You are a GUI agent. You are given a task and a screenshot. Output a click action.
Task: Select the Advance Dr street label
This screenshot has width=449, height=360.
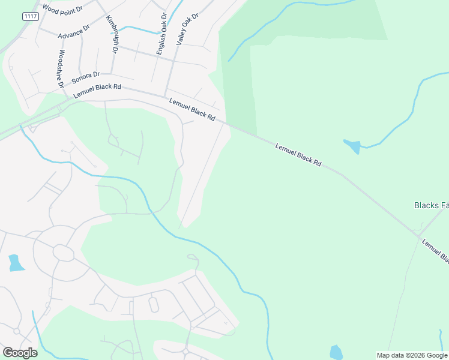(74, 32)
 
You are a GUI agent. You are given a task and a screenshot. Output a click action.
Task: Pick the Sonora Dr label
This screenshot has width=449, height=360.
(85, 77)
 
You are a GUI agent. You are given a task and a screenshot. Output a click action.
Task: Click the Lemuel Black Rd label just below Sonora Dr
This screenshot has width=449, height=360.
(97, 91)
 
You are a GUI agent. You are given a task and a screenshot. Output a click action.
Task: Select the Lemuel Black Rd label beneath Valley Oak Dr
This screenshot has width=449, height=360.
(192, 110)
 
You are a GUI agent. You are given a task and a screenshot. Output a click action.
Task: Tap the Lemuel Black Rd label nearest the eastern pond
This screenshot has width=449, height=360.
(298, 155)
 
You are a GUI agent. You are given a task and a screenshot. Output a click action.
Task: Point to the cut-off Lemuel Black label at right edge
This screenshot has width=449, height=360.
(435, 251)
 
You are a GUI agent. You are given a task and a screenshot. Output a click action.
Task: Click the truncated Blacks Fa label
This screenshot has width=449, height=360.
(431, 205)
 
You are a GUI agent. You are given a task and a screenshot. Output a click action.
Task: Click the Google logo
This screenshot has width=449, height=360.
(20, 352)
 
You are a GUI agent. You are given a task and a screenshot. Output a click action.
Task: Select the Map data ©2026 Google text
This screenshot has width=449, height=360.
(412, 355)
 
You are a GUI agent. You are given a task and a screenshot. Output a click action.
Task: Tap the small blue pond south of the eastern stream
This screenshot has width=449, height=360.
(354, 146)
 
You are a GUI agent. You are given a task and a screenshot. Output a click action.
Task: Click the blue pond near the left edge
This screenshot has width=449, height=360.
(16, 263)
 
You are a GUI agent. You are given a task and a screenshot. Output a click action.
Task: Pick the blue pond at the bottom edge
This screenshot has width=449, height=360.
(336, 353)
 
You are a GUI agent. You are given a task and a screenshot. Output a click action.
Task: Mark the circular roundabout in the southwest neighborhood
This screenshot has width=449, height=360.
(62, 252)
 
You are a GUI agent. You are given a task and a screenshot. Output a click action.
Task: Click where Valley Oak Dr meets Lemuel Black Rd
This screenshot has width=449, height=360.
(166, 95)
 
